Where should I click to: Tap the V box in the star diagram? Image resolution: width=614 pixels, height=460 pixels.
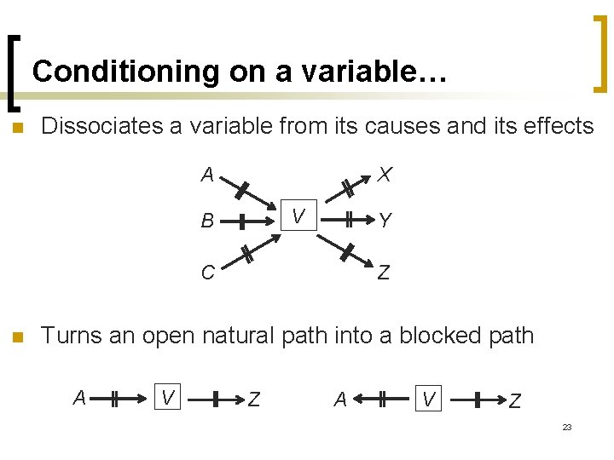(298, 216)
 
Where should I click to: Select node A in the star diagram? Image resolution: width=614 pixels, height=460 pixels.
(206, 175)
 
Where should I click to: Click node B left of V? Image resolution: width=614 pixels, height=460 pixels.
(206, 222)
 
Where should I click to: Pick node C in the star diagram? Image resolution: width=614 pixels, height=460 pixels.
(207, 273)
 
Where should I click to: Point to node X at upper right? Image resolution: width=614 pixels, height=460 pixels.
(385, 175)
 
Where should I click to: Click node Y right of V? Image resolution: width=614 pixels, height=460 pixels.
(385, 221)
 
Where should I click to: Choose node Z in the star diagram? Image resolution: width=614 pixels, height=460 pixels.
(384, 273)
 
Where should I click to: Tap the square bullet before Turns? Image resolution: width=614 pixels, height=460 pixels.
(17, 336)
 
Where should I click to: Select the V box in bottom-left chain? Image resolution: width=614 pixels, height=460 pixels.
(169, 395)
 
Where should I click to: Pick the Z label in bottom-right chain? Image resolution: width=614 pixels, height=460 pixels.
(514, 400)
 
